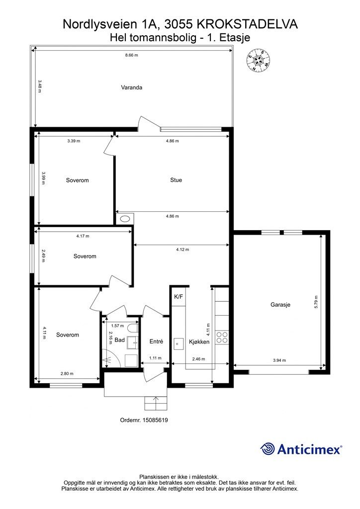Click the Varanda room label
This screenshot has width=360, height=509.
pyautogui.click(x=131, y=87)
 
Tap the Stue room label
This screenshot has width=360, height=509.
pyautogui.click(x=176, y=180)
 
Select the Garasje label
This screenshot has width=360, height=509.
pyautogui.click(x=280, y=305)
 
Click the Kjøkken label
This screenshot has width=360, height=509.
pyautogui.click(x=199, y=341)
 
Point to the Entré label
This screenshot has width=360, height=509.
pyautogui.click(x=156, y=341)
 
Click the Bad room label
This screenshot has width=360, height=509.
pyautogui.click(x=119, y=340)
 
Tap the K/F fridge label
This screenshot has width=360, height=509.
pyautogui.click(x=179, y=297)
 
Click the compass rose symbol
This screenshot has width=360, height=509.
pyautogui.click(x=258, y=60)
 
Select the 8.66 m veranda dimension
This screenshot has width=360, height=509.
pyautogui.click(x=131, y=55)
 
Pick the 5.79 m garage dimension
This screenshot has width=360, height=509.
pyautogui.click(x=316, y=302)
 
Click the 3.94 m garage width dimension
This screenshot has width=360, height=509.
pyautogui.click(x=279, y=360)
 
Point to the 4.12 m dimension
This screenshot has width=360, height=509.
pyautogui.click(x=182, y=250)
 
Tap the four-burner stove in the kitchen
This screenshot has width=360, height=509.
pyautogui.click(x=222, y=338)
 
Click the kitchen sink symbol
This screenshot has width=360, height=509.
pyautogui.click(x=178, y=344)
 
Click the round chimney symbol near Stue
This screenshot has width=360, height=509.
pyautogui.click(x=125, y=219)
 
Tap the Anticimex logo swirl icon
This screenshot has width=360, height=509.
pyautogui.click(x=267, y=449)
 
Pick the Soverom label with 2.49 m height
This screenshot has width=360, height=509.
pyautogui.click(x=85, y=256)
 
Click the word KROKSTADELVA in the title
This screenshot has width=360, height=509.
pyautogui.click(x=247, y=24)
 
